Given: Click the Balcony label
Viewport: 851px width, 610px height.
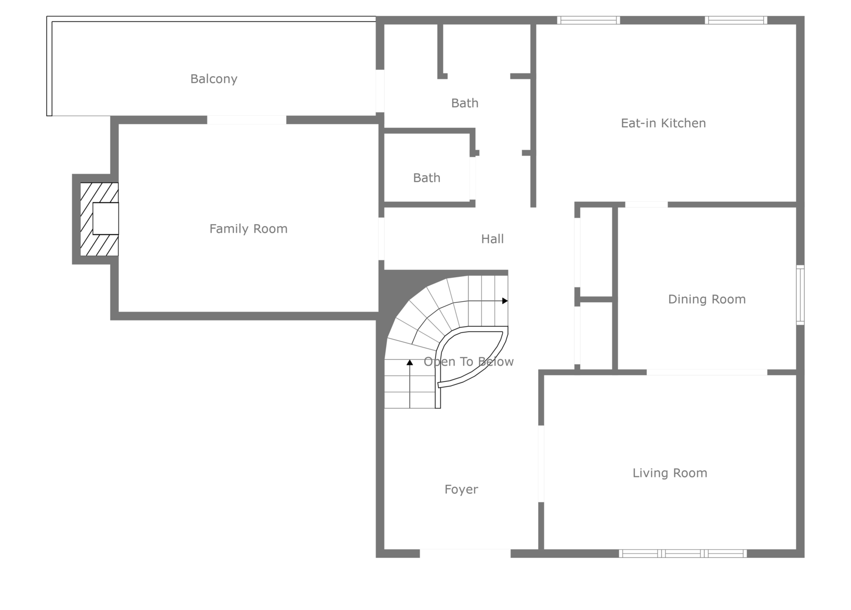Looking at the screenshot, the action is tap(214, 79).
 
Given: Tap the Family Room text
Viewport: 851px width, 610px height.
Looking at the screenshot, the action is tap(248, 229).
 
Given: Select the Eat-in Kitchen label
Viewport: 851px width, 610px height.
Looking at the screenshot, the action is tap(663, 123).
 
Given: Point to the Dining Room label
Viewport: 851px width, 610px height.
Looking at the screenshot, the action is tap(707, 299).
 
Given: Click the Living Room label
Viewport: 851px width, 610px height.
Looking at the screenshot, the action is tap(670, 473).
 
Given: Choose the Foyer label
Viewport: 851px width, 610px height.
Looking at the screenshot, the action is tap(461, 489).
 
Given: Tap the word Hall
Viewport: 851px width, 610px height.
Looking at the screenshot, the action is tap(493, 239).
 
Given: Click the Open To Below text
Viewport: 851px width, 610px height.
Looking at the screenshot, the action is tap(469, 362).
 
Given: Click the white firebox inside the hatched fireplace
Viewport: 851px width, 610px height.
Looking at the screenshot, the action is tap(105, 218).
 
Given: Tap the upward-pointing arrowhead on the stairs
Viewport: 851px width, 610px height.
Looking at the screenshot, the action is tap(410, 362).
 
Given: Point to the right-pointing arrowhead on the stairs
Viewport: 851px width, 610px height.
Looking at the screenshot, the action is tap(505, 301).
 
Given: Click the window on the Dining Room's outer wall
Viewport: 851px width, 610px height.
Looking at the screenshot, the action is tap(800, 295).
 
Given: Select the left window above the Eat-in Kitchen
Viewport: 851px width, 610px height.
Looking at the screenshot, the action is tap(588, 20).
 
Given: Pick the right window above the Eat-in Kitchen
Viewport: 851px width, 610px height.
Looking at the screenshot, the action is tap(736, 20).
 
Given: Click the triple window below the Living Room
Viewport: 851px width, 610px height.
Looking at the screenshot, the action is tap(683, 554).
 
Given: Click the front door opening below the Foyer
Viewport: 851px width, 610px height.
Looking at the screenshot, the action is tap(465, 554).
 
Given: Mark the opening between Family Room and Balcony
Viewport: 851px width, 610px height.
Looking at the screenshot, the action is tap(246, 120).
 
